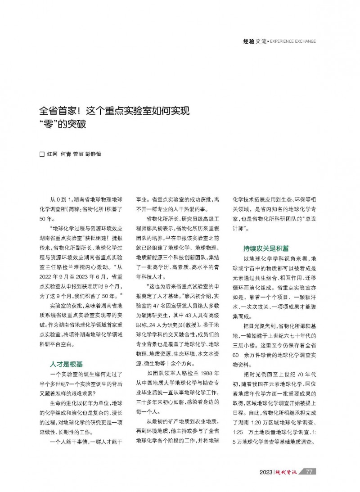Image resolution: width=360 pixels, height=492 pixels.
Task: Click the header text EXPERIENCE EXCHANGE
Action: tap(293, 41)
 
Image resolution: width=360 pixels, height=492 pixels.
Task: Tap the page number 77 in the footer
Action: tap(309, 472)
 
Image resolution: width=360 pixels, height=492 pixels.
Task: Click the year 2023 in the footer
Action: tap(267, 472)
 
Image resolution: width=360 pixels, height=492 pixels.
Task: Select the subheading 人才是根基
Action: tap(66, 363)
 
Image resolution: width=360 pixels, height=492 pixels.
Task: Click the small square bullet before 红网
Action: tap(43, 154)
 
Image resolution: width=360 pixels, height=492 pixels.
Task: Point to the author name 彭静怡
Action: tap(93, 154)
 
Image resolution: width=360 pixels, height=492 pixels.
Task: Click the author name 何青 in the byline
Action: tap(65, 154)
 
